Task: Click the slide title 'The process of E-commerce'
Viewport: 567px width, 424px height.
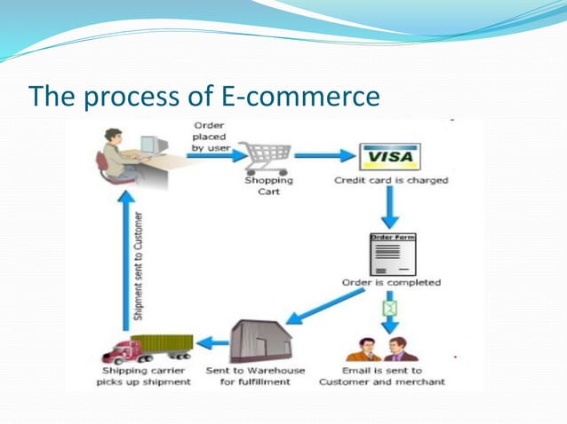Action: point(204,96)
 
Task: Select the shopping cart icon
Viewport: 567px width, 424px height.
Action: point(268,157)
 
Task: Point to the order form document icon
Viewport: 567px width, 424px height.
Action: point(391,254)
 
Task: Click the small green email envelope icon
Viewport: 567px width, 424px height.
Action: point(388,307)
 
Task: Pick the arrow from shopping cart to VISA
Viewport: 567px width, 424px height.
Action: point(323,155)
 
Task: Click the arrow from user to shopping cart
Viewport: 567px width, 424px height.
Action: point(214,155)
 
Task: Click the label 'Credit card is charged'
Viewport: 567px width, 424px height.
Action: point(391,180)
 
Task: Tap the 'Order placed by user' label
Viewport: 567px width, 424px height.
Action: point(211,136)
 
